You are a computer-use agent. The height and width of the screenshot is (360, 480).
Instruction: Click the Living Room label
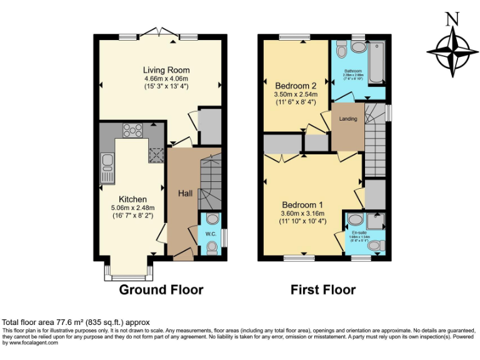(x=166, y=70)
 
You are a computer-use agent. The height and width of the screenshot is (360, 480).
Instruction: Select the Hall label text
(x=185, y=193)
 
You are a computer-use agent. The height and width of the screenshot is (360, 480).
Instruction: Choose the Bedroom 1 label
(x=302, y=204)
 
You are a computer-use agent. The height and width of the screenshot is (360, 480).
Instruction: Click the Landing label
(x=348, y=119)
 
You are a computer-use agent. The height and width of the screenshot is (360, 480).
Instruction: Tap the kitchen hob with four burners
(x=132, y=130)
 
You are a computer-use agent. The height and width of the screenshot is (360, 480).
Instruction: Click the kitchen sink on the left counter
(x=107, y=166)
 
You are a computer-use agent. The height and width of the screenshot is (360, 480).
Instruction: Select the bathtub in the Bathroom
(x=376, y=63)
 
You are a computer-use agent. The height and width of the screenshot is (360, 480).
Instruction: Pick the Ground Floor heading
(x=161, y=289)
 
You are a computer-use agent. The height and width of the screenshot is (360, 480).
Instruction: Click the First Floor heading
(x=323, y=289)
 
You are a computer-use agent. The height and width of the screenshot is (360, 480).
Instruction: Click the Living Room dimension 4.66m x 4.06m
(x=166, y=79)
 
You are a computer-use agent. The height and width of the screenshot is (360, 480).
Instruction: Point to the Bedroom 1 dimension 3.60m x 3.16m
(x=303, y=213)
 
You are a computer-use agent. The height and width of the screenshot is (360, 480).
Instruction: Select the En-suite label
(x=359, y=232)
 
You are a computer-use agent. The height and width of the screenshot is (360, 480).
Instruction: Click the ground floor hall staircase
(x=210, y=181)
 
